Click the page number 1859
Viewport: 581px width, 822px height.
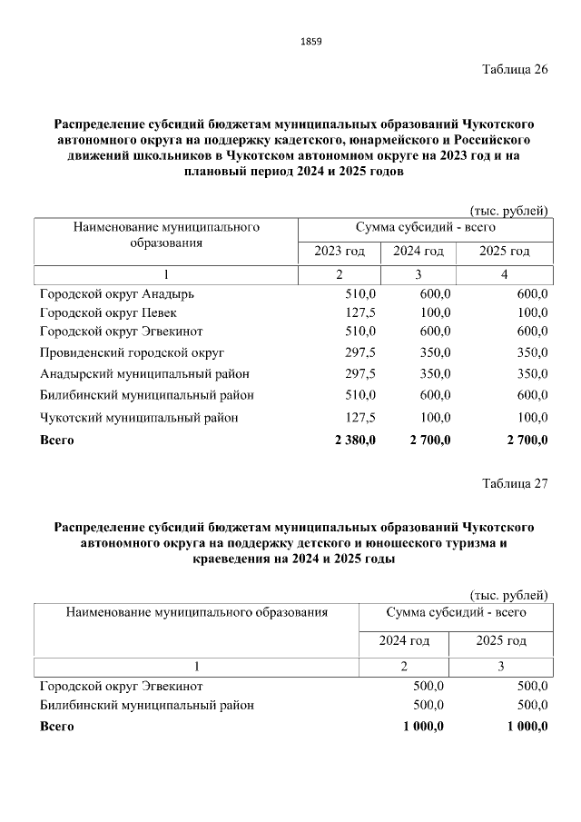310,42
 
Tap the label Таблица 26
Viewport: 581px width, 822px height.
514,72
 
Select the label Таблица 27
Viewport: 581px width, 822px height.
514,483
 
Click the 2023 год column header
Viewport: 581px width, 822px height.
340,251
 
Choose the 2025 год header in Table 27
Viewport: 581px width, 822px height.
501,641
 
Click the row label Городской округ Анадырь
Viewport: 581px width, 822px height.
117,294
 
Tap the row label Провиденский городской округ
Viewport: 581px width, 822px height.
133,352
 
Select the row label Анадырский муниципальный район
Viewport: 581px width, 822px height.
145,373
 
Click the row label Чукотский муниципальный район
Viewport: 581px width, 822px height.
140,418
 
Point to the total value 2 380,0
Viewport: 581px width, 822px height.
350,441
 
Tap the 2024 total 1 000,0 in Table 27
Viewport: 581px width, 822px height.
417,727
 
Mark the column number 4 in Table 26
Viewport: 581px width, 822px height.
505,274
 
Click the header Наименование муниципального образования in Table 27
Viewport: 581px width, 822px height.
196,613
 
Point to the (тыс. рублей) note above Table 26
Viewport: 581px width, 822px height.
508,212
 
